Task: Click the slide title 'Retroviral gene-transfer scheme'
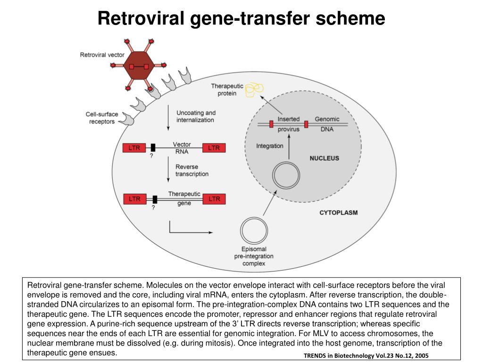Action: click(x=241, y=18)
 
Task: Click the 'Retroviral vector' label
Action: click(x=102, y=55)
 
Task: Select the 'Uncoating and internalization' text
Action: click(x=195, y=116)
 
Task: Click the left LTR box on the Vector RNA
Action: click(x=134, y=148)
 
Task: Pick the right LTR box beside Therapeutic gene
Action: click(x=214, y=199)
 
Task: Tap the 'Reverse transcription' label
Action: click(x=192, y=170)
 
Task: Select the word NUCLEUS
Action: click(x=324, y=158)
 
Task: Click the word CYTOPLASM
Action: click(x=338, y=213)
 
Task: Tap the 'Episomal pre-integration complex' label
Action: click(x=254, y=256)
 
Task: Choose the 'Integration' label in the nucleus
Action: click(x=269, y=146)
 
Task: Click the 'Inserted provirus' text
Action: click(x=288, y=124)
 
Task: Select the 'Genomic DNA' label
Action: click(x=327, y=124)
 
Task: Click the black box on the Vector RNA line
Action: click(x=153, y=148)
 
